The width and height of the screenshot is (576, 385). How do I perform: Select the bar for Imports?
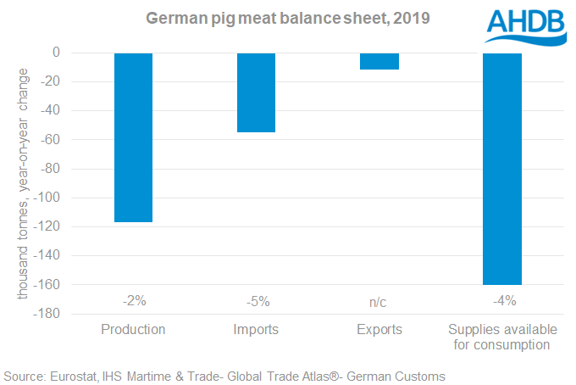point(256,92)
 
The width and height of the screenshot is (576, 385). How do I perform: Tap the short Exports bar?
point(379,61)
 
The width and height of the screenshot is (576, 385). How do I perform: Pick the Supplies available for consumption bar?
point(502,169)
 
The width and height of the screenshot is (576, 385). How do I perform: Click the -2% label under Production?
point(133,299)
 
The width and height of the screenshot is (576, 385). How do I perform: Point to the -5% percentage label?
point(256,299)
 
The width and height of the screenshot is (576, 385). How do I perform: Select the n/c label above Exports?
point(379,299)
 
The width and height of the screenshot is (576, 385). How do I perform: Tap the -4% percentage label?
point(502,299)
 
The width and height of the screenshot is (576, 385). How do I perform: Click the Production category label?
point(133,329)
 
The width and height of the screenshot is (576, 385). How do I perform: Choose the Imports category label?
point(256,329)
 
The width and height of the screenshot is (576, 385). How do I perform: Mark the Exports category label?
point(379,329)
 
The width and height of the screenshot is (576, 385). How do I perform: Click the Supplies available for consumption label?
point(502,337)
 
